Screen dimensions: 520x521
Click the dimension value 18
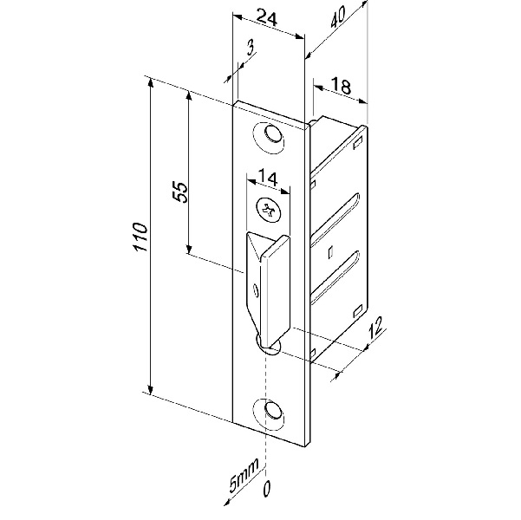pos(341,87)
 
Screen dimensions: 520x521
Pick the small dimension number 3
pos(250,48)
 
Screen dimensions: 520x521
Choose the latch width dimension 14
pos(266,180)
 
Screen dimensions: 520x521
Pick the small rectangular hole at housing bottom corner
pos(359,311)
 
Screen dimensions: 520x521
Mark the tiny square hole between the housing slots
pos(332,252)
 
